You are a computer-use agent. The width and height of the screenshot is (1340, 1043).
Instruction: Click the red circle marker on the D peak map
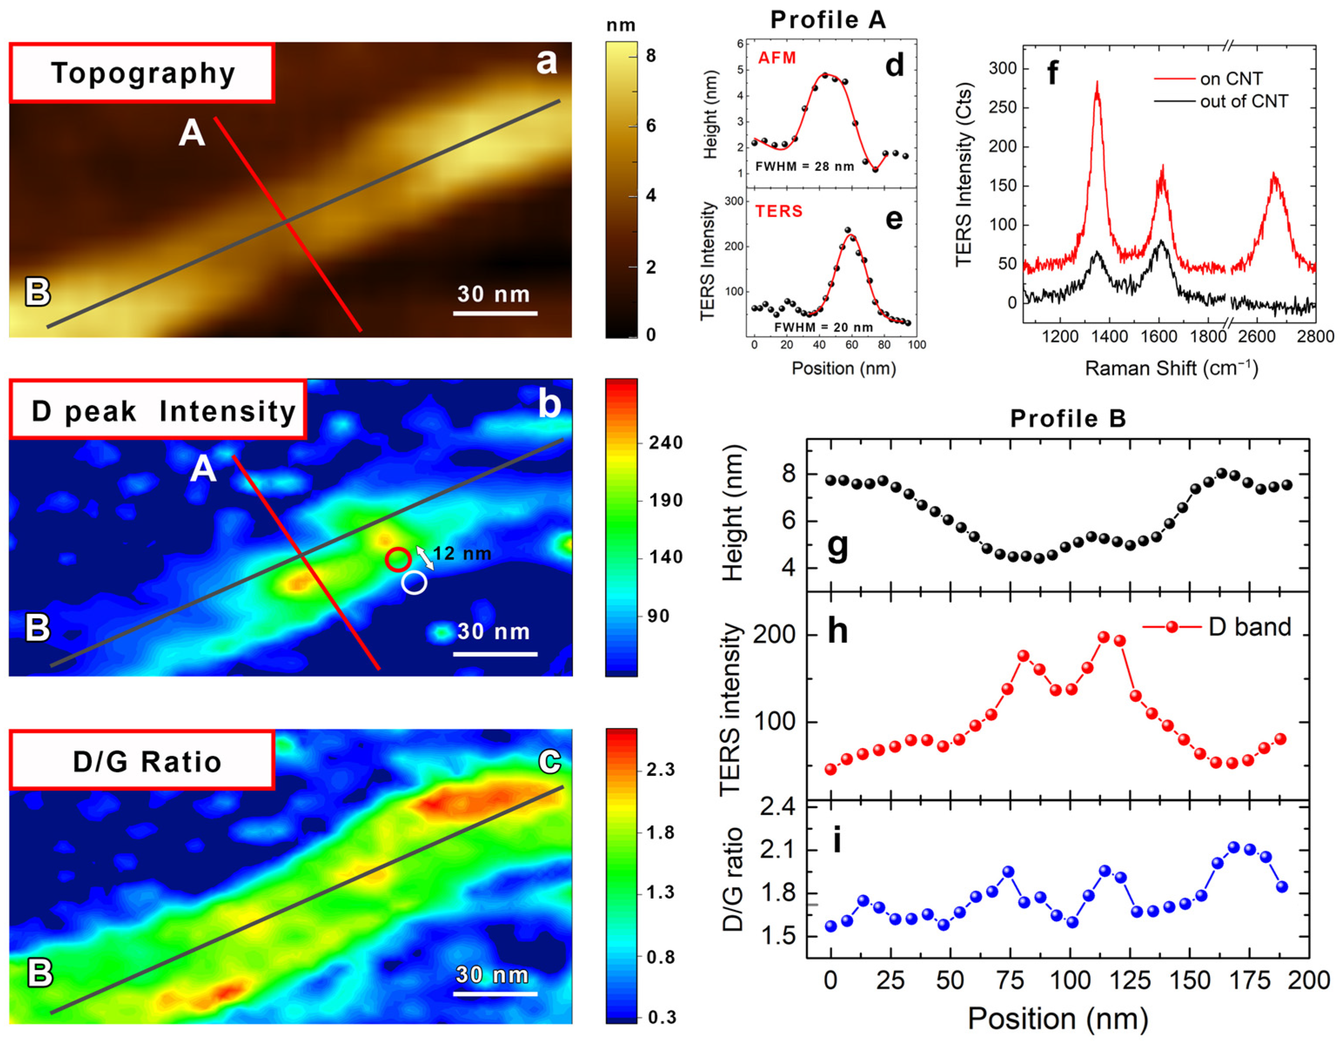(x=398, y=559)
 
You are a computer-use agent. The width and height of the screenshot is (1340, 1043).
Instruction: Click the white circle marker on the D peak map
(x=414, y=582)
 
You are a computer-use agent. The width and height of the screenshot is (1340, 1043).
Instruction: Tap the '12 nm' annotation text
(x=462, y=553)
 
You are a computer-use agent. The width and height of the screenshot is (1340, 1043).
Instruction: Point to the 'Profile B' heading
(x=1068, y=419)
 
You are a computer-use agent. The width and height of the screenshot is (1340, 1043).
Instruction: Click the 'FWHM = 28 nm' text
(x=804, y=166)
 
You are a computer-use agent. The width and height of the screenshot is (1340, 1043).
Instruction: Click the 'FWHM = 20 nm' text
(x=823, y=327)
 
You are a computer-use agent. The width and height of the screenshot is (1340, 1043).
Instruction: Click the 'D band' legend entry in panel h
(x=1249, y=627)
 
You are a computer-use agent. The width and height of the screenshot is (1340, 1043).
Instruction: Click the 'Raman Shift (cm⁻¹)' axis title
(x=1171, y=368)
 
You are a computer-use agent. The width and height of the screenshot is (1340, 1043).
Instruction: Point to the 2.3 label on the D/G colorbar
(x=661, y=769)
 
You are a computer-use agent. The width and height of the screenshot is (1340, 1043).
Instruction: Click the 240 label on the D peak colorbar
(x=666, y=443)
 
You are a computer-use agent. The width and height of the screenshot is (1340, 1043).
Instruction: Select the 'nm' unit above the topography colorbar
(x=620, y=25)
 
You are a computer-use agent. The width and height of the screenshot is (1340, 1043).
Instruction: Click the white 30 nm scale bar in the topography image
(x=495, y=313)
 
